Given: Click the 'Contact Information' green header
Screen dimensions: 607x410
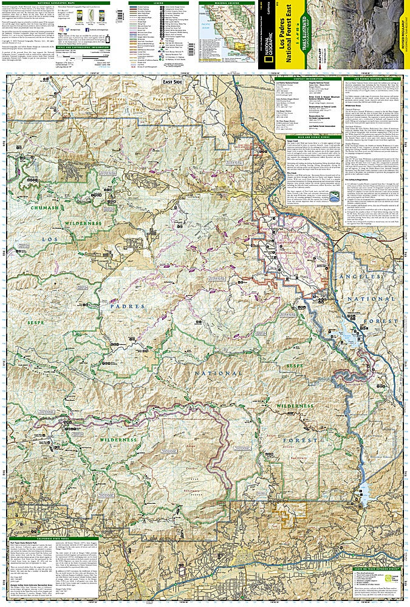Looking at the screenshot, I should pyautogui.click(x=307, y=79).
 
